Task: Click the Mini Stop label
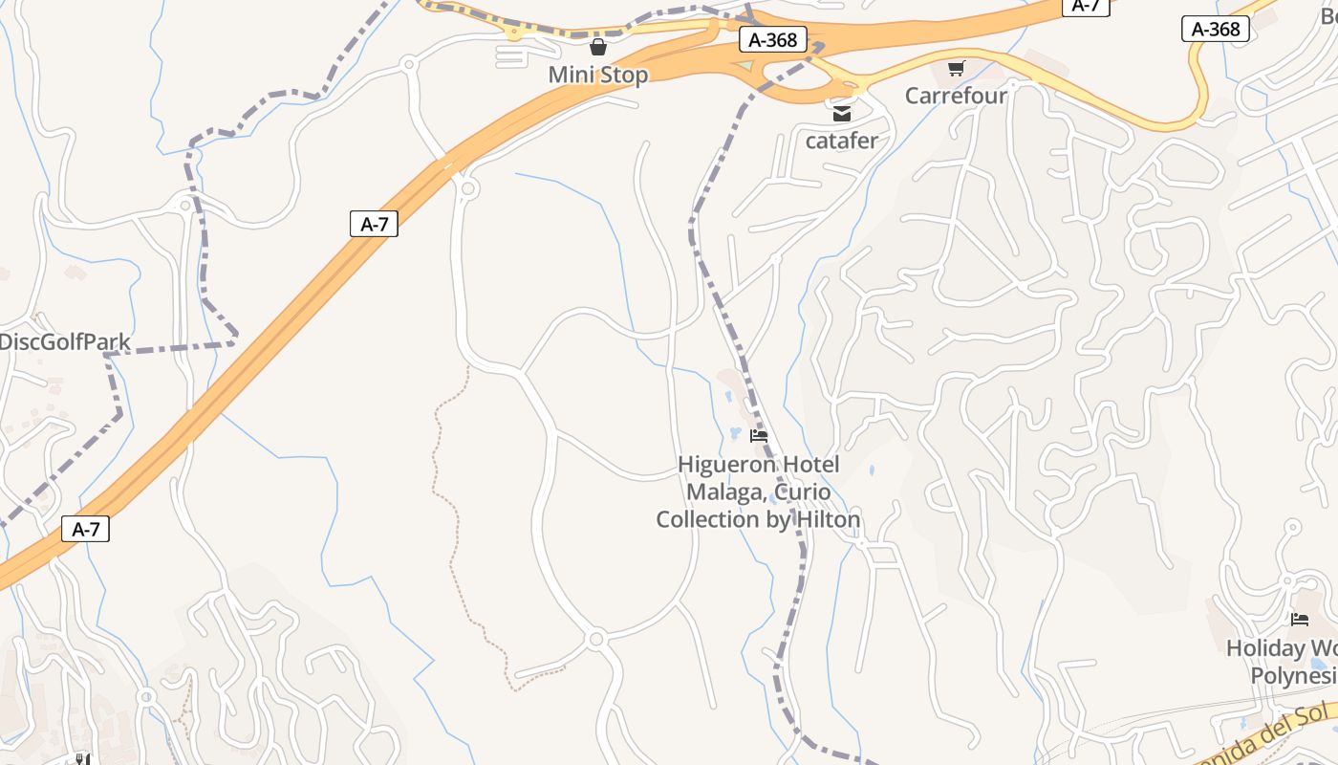tap(598, 75)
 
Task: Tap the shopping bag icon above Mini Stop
tap(598, 47)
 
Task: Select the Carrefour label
tap(956, 96)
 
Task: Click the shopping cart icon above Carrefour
tap(956, 68)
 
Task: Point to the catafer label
tap(841, 141)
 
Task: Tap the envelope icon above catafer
tap(841, 114)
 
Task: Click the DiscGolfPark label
tap(65, 341)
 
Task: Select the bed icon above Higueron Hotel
tap(759, 436)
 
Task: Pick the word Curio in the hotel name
tap(803, 492)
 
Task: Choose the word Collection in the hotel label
tap(706, 519)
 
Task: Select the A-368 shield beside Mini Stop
tap(773, 40)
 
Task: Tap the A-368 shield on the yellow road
tap(1216, 29)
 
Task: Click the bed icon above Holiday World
tap(1300, 620)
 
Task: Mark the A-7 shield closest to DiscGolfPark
tap(374, 224)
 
